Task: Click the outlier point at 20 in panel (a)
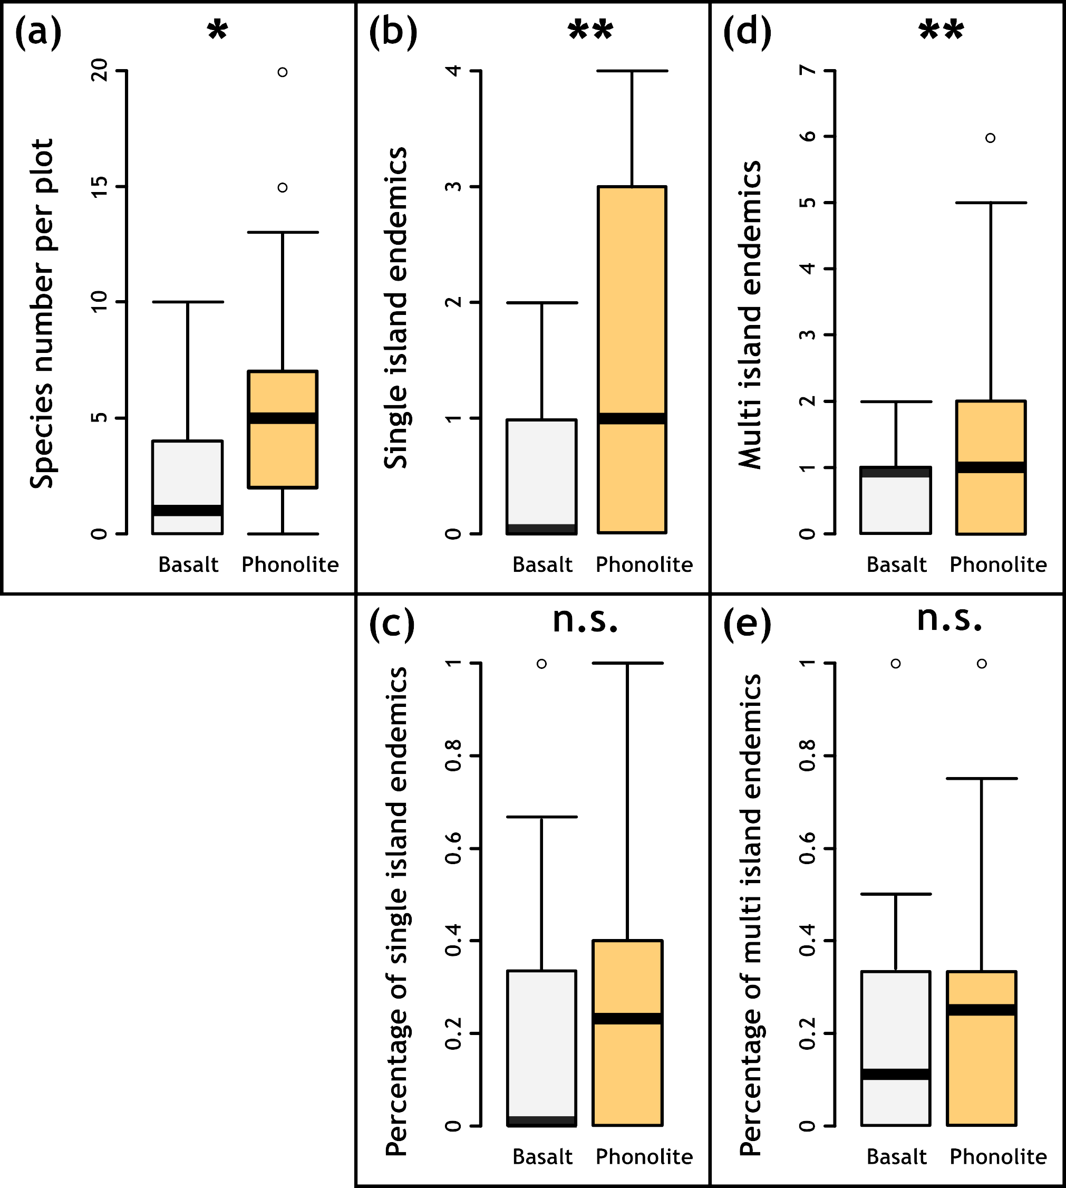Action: [x=282, y=72]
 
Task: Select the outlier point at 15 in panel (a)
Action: [x=282, y=188]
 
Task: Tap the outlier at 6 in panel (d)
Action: [x=991, y=138]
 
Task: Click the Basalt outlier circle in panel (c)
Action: [x=542, y=664]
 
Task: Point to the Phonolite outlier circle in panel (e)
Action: [x=982, y=664]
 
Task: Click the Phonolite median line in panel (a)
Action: [x=282, y=418]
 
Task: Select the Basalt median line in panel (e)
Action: [x=896, y=1074]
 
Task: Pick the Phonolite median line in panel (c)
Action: [x=627, y=1019]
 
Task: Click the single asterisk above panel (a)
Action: [x=217, y=31]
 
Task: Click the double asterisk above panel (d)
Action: [x=941, y=31]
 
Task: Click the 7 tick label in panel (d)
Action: [x=808, y=71]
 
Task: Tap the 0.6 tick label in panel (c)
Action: [x=454, y=848]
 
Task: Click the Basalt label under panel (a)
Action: [x=188, y=564]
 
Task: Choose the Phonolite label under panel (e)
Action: [x=998, y=1156]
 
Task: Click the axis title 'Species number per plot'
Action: [x=42, y=313]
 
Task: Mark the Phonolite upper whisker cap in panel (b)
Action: [x=632, y=71]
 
